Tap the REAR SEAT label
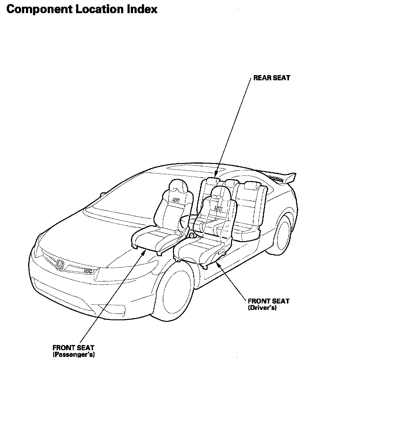point(272,78)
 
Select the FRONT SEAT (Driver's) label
point(268,304)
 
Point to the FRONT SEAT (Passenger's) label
point(74,351)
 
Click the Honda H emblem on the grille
point(60,265)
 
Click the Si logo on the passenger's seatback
point(176,200)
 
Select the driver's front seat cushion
point(199,249)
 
